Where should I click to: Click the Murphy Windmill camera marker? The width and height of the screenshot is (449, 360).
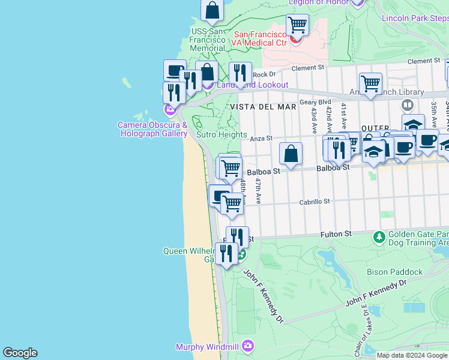coord(249,346)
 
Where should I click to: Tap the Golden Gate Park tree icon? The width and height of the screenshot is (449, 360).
coord(379,238)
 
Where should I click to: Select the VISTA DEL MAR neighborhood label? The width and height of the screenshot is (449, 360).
coord(263,106)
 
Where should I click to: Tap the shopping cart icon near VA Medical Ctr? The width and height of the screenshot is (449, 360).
coord(297,25)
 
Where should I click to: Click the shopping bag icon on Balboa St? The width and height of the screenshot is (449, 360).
coord(291,153)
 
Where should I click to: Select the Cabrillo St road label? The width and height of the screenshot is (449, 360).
coord(315,202)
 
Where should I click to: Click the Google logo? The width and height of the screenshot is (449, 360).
coord(20,353)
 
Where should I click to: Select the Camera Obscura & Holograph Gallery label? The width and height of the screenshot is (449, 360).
coord(152,129)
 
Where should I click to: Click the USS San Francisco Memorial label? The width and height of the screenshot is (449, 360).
coord(208,40)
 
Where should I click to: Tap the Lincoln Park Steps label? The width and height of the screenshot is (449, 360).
coord(415,18)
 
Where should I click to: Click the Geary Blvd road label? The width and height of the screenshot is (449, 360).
coord(315,102)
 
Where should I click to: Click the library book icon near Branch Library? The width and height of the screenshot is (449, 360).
coord(408,105)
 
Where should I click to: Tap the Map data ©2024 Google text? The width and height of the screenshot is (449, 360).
coord(412,355)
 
